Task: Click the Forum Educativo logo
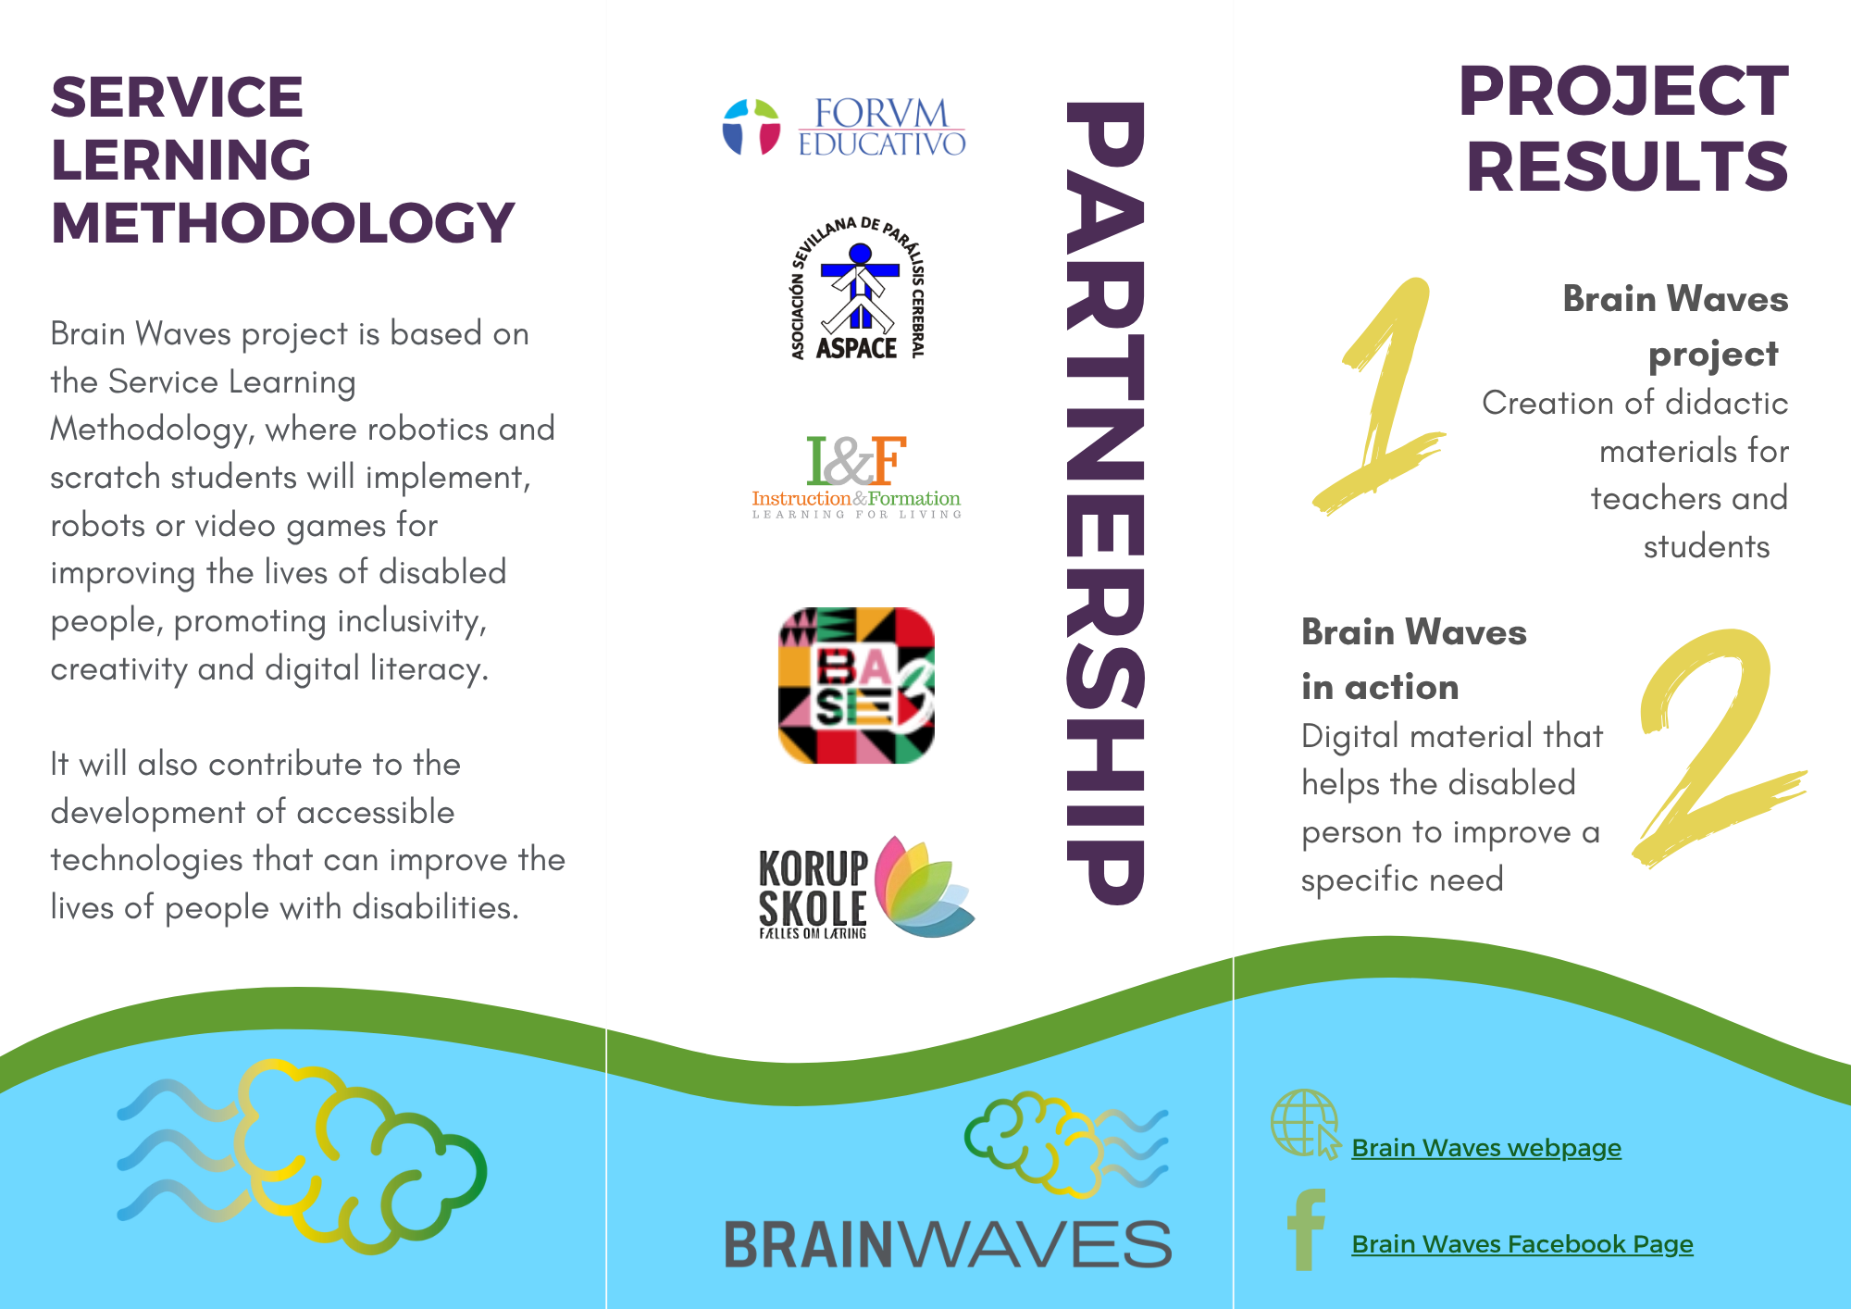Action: pyautogui.click(x=844, y=127)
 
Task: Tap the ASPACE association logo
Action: pyautogui.click(x=858, y=288)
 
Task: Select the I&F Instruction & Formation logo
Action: pyautogui.click(x=856, y=477)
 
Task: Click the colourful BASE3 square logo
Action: pyautogui.click(x=856, y=685)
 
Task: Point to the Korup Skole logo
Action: pyautogui.click(x=866, y=888)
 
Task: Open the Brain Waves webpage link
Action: pyautogui.click(x=1486, y=1148)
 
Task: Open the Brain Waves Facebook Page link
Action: pyautogui.click(x=1522, y=1244)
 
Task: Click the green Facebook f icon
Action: pyautogui.click(x=1306, y=1230)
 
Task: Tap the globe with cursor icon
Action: pyautogui.click(x=1306, y=1124)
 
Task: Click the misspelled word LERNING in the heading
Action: pyautogui.click(x=181, y=160)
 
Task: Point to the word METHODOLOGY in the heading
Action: pyautogui.click(x=282, y=223)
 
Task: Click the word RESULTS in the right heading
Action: pyautogui.click(x=1627, y=167)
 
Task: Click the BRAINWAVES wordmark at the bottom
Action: pyautogui.click(x=948, y=1244)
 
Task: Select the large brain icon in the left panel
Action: pyautogui.click(x=302, y=1156)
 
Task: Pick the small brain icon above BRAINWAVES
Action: pyautogui.click(x=1066, y=1144)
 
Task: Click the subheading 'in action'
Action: pyautogui.click(x=1380, y=687)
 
